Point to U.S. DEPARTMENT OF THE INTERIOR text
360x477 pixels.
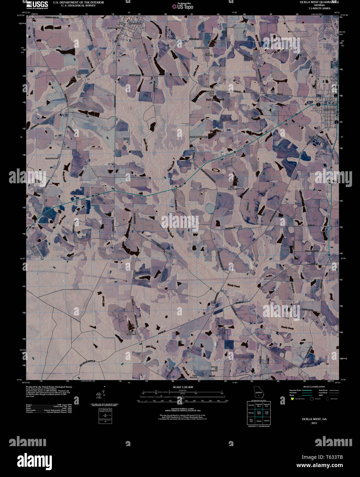click(x=78, y=2)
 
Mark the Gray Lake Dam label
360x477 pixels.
click(x=235, y=189)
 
